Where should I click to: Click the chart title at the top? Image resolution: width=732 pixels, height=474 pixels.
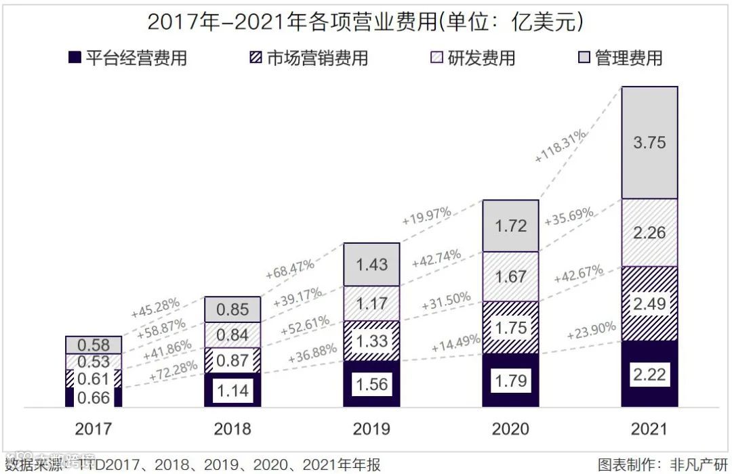365,22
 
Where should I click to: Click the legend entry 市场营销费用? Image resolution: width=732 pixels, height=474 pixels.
308,58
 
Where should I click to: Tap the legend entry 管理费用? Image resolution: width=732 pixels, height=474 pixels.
619,58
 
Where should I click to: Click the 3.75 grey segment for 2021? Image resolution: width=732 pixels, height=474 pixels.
649,142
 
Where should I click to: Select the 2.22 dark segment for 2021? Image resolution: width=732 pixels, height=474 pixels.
649,374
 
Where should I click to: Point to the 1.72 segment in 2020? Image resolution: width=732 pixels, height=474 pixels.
510,225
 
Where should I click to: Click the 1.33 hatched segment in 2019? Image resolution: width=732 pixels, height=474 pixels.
371,341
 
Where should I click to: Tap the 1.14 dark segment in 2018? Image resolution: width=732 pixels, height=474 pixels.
232,390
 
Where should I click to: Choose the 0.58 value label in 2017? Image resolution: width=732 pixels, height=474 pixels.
94,345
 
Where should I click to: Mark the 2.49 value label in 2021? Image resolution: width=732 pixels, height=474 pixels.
649,303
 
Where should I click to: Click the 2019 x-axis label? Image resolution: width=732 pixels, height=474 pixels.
371,429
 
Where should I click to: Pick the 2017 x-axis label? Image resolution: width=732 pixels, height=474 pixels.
94,429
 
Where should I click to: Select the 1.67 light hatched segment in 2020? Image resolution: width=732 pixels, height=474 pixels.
510,276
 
